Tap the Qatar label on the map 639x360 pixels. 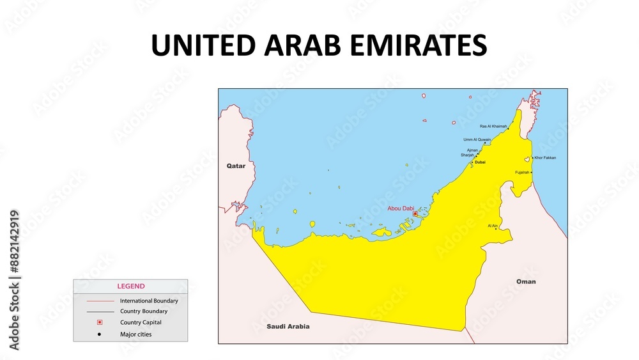pyautogui.click(x=236, y=166)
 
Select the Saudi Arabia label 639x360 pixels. pyautogui.click(x=288, y=326)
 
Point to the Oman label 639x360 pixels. pyautogui.click(x=526, y=281)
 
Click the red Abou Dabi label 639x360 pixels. pyautogui.click(x=401, y=208)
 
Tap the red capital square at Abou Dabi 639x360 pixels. pyautogui.click(x=415, y=214)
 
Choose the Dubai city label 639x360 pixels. pyautogui.click(x=480, y=162)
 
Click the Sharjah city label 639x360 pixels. pyautogui.click(x=468, y=155)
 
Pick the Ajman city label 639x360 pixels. pyautogui.click(x=472, y=150)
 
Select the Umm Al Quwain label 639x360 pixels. pyautogui.click(x=477, y=139)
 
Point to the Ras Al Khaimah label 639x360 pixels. pyautogui.click(x=493, y=127)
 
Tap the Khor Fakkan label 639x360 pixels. pyautogui.click(x=545, y=157)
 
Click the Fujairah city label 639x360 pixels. pyautogui.click(x=522, y=172)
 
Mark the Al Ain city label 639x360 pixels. pyautogui.click(x=492, y=226)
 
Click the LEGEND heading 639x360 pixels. pyautogui.click(x=130, y=286)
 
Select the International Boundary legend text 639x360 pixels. pyautogui.click(x=149, y=301)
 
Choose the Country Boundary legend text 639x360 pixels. pyautogui.click(x=144, y=311)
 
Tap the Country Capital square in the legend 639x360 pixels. pyautogui.click(x=99, y=322)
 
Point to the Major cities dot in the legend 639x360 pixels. pyautogui.click(x=99, y=334)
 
